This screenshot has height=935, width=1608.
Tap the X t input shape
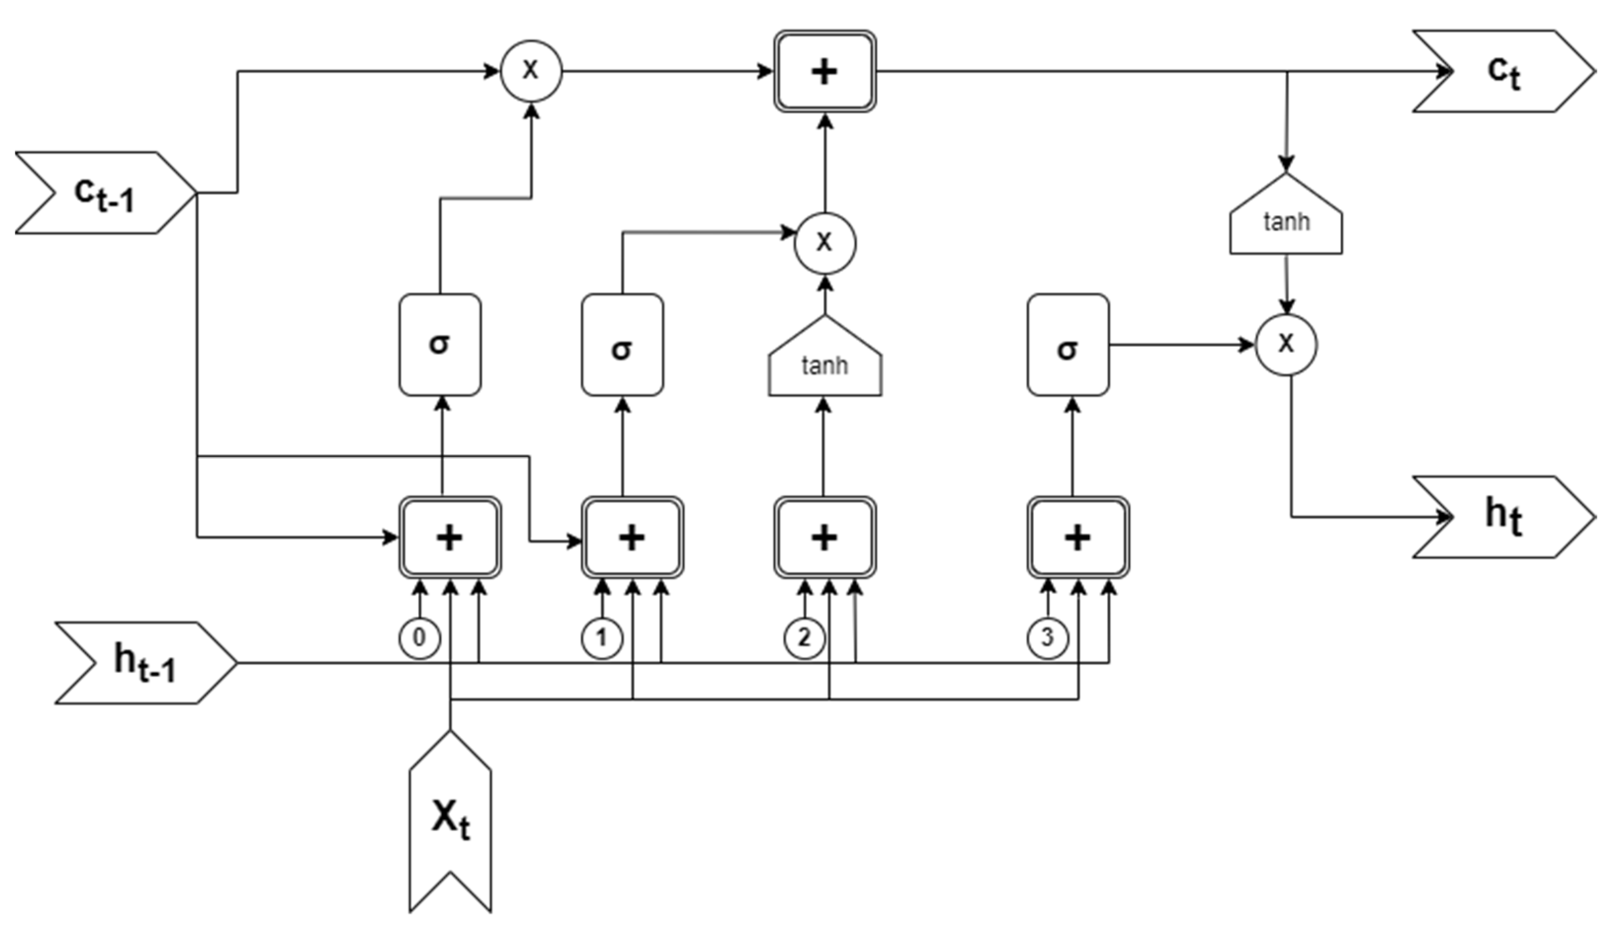451,823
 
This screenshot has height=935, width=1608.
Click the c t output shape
1503,72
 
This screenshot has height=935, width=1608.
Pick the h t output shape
1503,517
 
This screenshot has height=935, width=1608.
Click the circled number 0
419,637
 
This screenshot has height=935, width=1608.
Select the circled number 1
602,637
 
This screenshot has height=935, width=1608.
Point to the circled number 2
804,637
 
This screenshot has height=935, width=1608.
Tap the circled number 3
1047,637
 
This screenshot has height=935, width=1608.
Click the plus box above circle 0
450,537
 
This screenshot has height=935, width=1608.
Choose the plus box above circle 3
1078,537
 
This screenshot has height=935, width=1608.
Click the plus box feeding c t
825,72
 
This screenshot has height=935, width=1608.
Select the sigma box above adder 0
440,344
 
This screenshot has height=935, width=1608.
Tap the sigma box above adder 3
1068,344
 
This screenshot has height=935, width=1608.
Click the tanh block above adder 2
825,361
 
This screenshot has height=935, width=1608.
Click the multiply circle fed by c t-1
531,71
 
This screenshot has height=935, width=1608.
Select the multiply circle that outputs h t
1286,344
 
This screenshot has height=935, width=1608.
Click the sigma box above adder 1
622,344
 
